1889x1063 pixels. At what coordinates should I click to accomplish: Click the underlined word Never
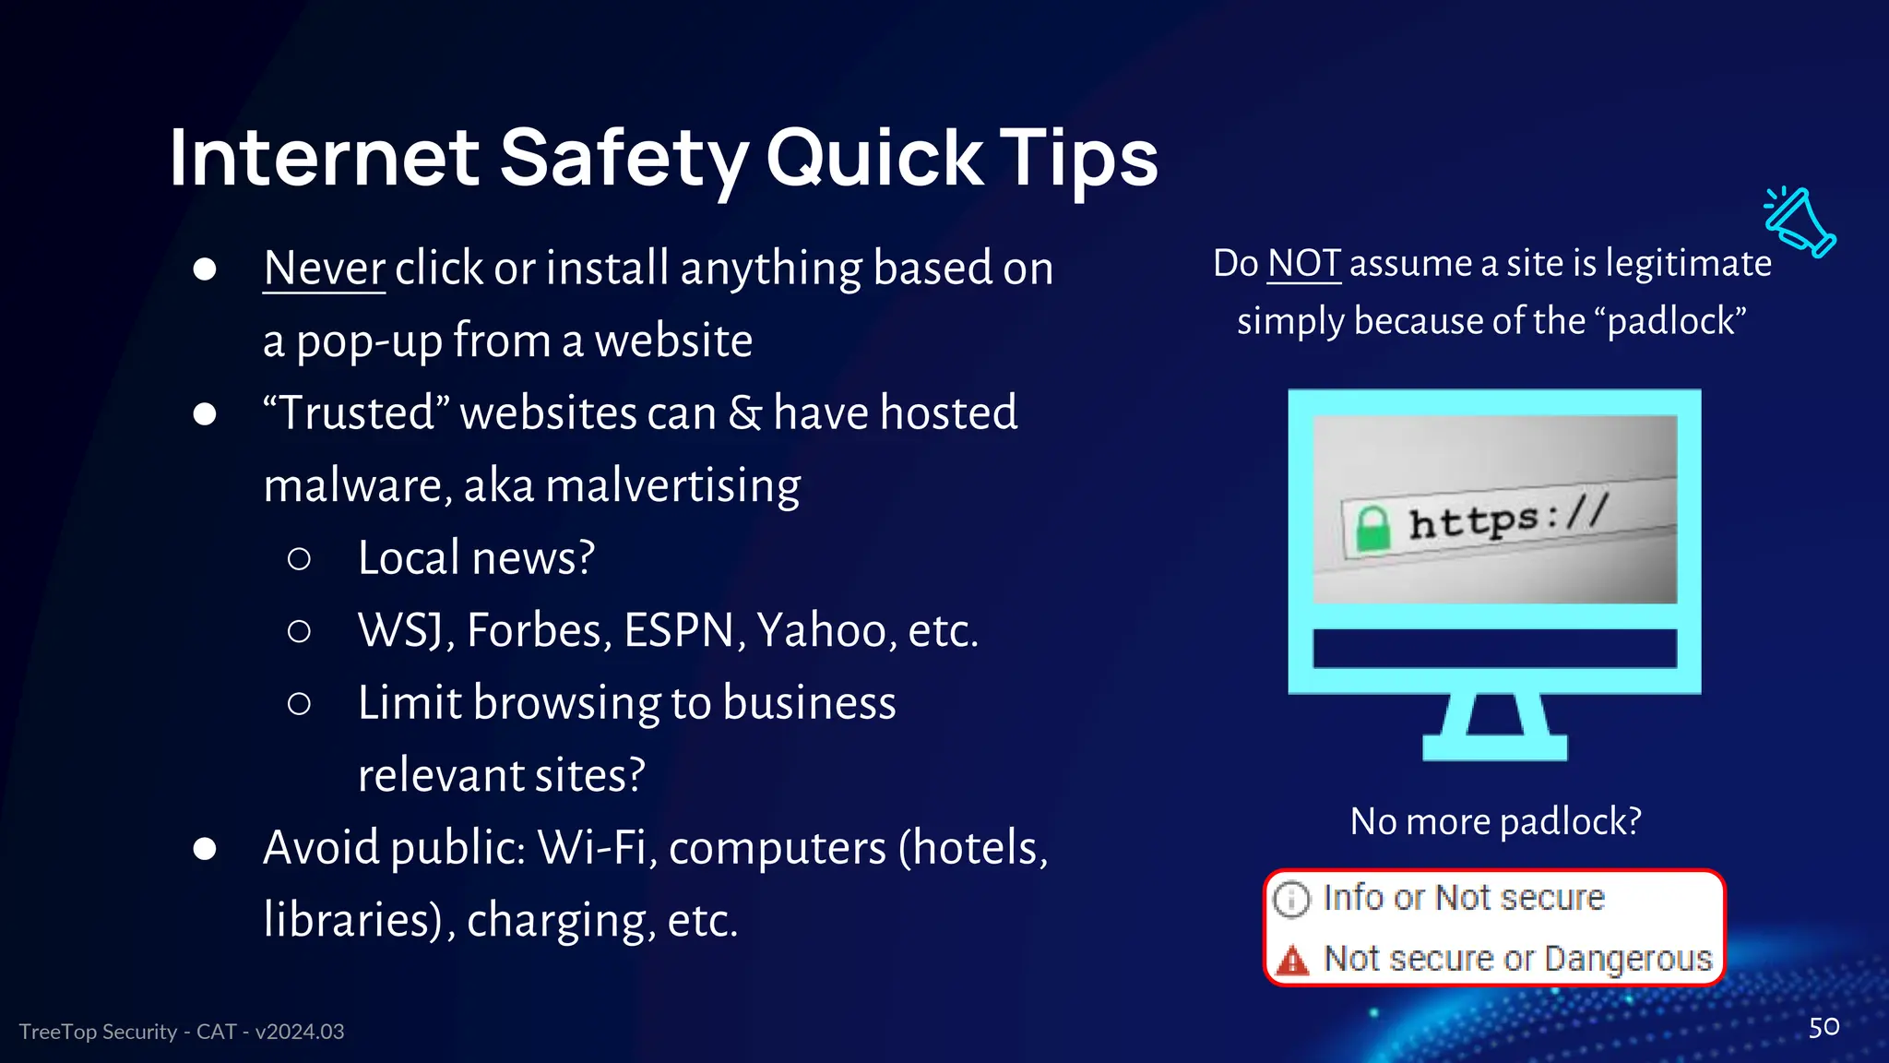pyautogui.click(x=324, y=269)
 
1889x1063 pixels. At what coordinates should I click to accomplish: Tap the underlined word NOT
pyautogui.click(x=1303, y=264)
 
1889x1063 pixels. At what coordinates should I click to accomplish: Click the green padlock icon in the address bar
pyautogui.click(x=1372, y=530)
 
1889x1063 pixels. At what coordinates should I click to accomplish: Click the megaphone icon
pyautogui.click(x=1800, y=221)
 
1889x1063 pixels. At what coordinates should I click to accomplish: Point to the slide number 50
pyautogui.click(x=1824, y=1027)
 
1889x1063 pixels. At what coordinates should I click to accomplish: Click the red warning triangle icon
pyautogui.click(x=1292, y=961)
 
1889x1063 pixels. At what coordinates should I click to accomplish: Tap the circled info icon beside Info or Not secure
pyautogui.click(x=1291, y=899)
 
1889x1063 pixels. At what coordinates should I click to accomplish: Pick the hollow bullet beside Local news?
pyautogui.click(x=299, y=559)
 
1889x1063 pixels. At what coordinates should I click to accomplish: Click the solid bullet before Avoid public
pyautogui.click(x=205, y=849)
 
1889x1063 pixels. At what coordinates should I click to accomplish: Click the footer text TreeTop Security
pyautogui.click(x=98, y=1032)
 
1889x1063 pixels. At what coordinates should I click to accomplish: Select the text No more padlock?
pyautogui.click(x=1495, y=821)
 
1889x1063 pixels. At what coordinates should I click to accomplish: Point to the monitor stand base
pyautogui.click(x=1494, y=747)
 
